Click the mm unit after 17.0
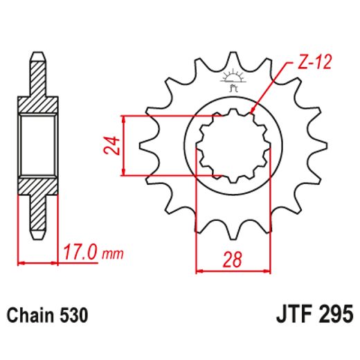(111, 254)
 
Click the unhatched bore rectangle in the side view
(38, 145)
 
